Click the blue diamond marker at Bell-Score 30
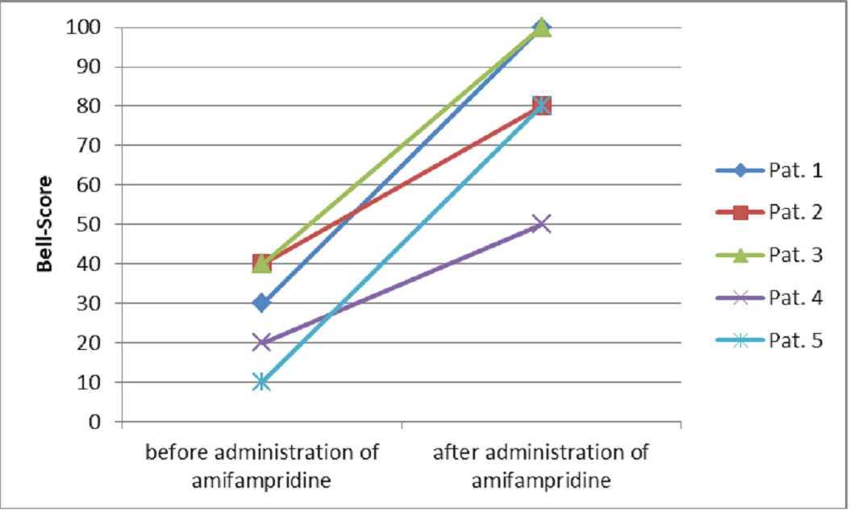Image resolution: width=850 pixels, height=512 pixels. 261,303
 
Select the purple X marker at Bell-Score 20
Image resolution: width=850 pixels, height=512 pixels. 261,343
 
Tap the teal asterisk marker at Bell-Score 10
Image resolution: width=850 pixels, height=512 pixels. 261,382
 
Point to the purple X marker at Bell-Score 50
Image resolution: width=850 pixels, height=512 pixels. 541,224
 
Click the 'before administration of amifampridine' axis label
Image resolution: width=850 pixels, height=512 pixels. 261,465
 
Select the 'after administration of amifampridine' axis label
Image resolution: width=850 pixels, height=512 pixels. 541,465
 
